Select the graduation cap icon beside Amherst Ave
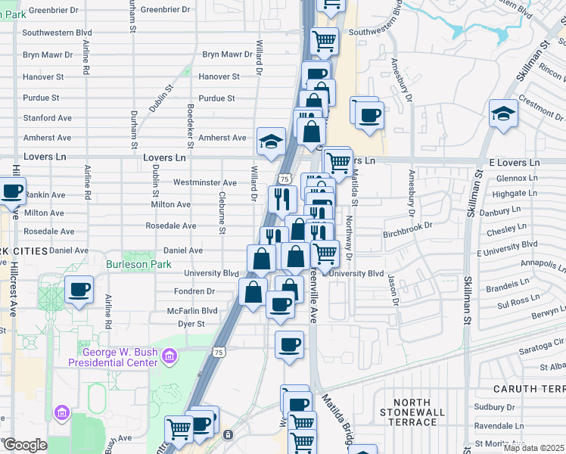[x=269, y=141]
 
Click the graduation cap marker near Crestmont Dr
[x=503, y=113]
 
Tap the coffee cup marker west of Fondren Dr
[x=79, y=290]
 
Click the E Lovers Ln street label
[x=515, y=163]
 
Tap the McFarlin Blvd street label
[x=192, y=311]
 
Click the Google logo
[x=24, y=445]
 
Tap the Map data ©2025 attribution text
[x=534, y=448]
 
